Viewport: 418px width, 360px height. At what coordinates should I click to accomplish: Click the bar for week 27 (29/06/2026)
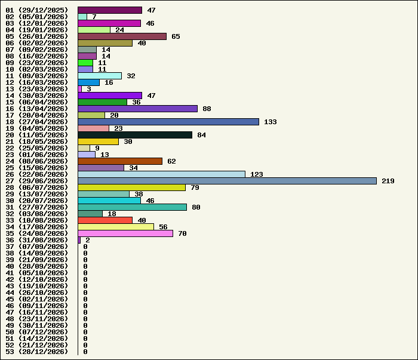[227, 181]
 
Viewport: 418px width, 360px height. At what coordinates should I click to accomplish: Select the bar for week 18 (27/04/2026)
[168, 122]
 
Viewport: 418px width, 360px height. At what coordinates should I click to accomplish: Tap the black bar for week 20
[135, 135]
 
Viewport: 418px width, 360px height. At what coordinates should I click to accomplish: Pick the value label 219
[388, 181]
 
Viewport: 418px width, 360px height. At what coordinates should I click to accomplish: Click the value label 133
[271, 122]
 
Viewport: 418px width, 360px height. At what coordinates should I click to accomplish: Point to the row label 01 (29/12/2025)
[37, 10]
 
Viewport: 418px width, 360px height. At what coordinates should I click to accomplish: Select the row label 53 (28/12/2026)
[37, 352]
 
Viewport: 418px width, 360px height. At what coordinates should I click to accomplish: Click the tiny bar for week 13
[79, 89]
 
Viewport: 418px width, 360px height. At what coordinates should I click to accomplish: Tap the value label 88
[207, 109]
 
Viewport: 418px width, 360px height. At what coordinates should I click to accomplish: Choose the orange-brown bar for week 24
[120, 161]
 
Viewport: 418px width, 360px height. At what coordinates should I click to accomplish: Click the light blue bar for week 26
[162, 174]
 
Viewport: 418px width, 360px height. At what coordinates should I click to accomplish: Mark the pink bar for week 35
[125, 233]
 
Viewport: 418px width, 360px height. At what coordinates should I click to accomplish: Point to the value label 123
[257, 174]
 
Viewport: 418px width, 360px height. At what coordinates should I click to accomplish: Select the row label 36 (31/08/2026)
[37, 240]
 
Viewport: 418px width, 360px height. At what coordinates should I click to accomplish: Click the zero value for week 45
[85, 299]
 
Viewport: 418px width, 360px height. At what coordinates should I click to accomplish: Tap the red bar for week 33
[105, 220]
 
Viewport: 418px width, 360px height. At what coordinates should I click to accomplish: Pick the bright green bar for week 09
[85, 63]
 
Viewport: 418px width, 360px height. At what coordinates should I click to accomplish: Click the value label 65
[176, 36]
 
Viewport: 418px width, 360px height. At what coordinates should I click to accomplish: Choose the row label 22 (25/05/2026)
[37, 148]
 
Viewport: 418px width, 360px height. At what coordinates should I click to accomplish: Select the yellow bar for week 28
[132, 187]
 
